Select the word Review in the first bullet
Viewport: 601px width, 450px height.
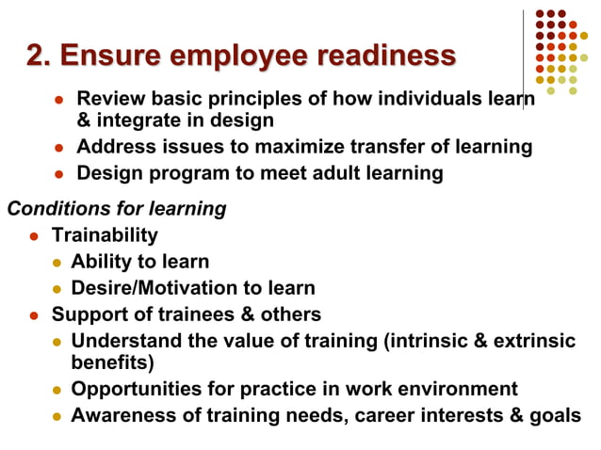108,99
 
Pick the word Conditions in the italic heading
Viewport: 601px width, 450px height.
48,209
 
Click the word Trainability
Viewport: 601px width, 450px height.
105,235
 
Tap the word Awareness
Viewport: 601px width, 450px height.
120,415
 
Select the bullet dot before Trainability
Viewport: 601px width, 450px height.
33,236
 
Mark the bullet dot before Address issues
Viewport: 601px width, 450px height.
57,148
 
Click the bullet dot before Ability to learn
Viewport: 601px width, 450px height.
56,263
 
